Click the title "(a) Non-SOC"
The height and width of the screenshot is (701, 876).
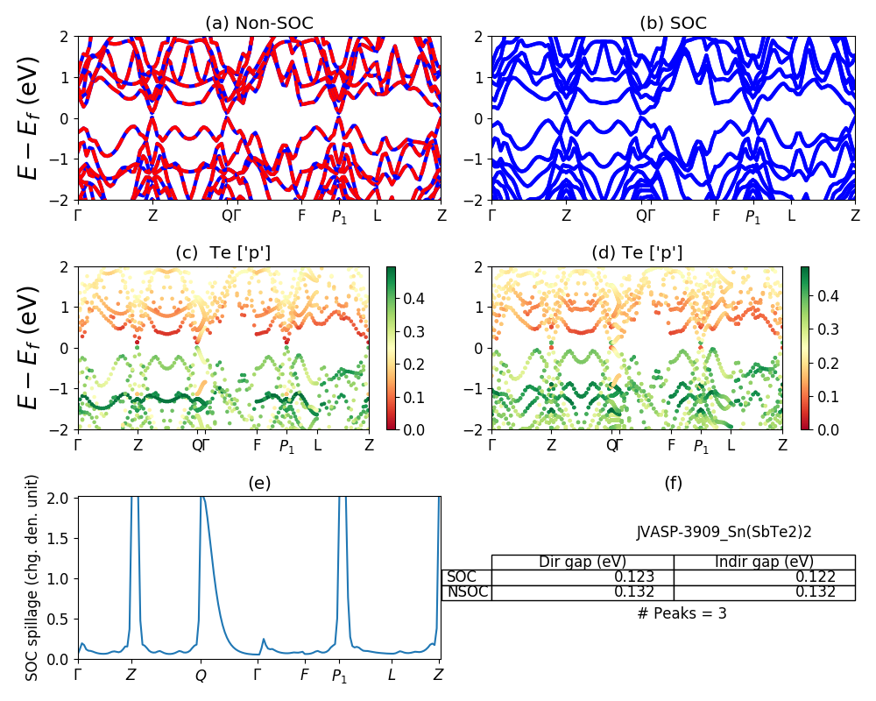point(259,24)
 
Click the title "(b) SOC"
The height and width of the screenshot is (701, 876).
point(673,24)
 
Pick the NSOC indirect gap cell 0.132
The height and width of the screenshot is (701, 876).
point(815,592)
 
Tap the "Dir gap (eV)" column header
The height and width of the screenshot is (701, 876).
point(582,562)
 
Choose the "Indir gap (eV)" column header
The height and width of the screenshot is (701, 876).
point(764,562)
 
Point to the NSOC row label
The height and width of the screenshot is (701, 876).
point(467,592)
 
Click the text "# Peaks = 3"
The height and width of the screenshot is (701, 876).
point(682,613)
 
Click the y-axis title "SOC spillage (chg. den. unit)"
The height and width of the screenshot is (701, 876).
point(32,577)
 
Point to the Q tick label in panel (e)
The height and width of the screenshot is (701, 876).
point(201,676)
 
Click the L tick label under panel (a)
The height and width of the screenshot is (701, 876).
point(377,216)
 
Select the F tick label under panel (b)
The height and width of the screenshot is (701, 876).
point(716,216)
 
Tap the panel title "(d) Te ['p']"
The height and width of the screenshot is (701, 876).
point(637,253)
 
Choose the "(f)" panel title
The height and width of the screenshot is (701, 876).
point(673,483)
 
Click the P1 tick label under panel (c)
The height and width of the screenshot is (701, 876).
point(287,447)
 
